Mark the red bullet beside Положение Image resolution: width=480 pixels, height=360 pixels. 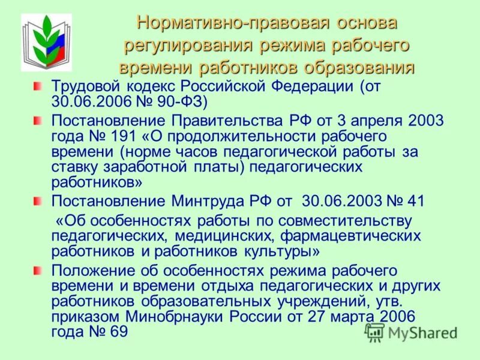(x=37, y=271)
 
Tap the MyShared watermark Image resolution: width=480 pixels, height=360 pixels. (x=410, y=332)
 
